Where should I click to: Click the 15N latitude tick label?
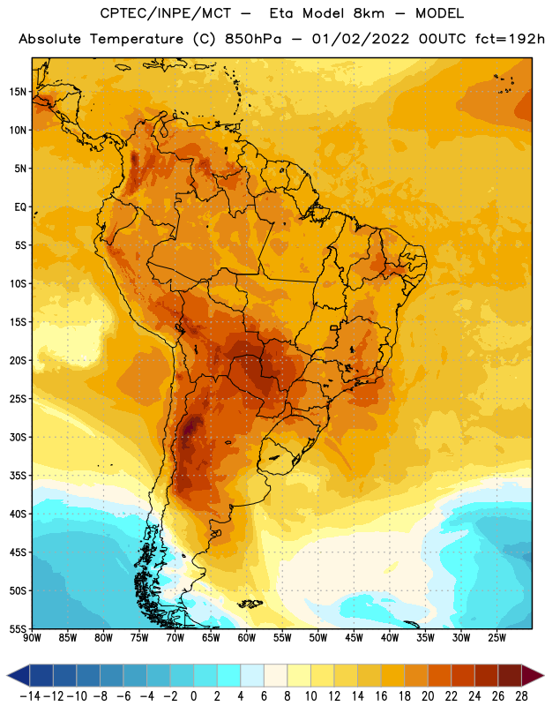(18, 92)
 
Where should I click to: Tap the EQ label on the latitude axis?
(20, 207)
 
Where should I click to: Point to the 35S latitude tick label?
(18, 476)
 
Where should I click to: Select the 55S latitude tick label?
(18, 628)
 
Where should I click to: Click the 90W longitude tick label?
(32, 638)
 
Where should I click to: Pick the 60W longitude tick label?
(247, 638)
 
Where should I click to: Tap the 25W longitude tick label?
(496, 638)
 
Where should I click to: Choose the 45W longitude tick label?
(354, 638)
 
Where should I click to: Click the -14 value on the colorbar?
(30, 696)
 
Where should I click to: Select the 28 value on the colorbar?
(521, 696)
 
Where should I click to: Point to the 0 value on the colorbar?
(193, 696)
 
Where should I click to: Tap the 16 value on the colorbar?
(381, 696)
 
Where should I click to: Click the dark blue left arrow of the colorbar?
(19, 675)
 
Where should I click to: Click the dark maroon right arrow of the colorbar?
(533, 675)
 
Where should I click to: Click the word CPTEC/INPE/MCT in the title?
(166, 14)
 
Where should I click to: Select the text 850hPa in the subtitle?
(253, 39)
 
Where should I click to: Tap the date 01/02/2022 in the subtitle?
(361, 39)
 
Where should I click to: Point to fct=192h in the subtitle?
(510, 39)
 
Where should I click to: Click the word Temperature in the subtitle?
(137, 40)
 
